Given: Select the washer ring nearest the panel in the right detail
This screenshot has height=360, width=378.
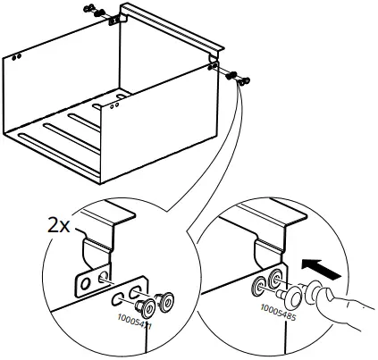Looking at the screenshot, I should [x=259, y=285].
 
